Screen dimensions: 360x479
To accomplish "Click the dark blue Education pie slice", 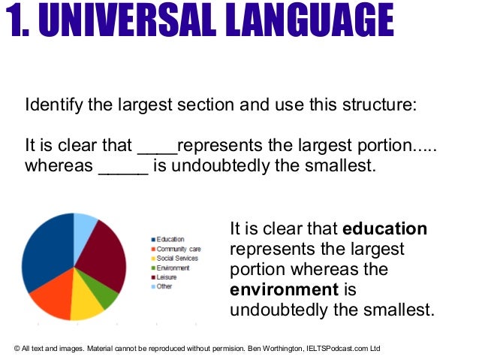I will click(47, 252).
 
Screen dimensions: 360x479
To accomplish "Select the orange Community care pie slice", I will click(51, 299).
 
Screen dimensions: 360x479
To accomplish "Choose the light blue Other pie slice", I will click(85, 225).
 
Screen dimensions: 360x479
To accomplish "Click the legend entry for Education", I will click(170, 239).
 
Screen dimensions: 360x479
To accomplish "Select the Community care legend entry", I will click(177, 249).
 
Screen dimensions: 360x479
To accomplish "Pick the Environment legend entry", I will click(173, 268).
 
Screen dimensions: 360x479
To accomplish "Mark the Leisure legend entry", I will click(167, 277).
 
